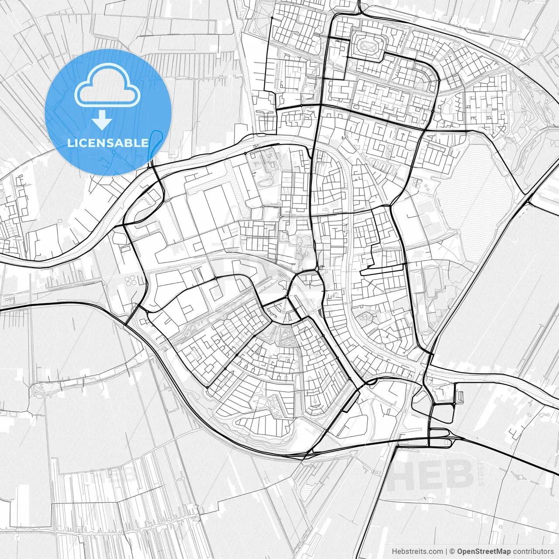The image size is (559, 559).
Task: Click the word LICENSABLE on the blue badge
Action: [x=108, y=143]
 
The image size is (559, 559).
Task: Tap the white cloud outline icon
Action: [x=107, y=86]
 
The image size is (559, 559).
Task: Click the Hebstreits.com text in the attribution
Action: [x=417, y=552]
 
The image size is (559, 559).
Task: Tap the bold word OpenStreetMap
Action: [x=484, y=552]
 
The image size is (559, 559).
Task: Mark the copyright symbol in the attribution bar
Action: [x=452, y=552]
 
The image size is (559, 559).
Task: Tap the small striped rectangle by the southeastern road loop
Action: [x=459, y=397]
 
